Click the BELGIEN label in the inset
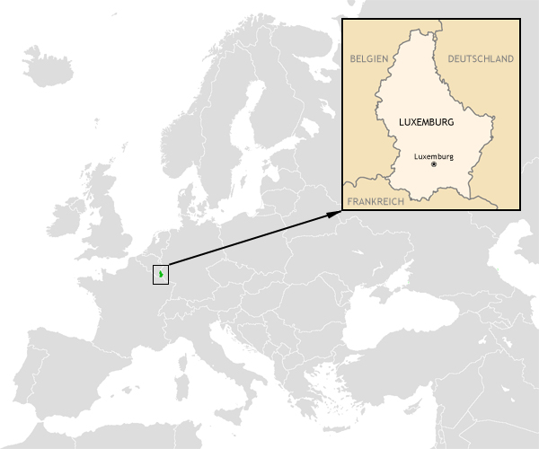coord(368,58)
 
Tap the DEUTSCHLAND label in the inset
coord(481,58)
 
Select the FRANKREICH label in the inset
coord(376,202)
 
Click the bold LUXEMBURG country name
coord(425,120)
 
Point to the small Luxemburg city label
coord(434,156)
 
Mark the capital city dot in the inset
coord(434,165)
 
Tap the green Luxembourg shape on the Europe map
coord(161,274)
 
